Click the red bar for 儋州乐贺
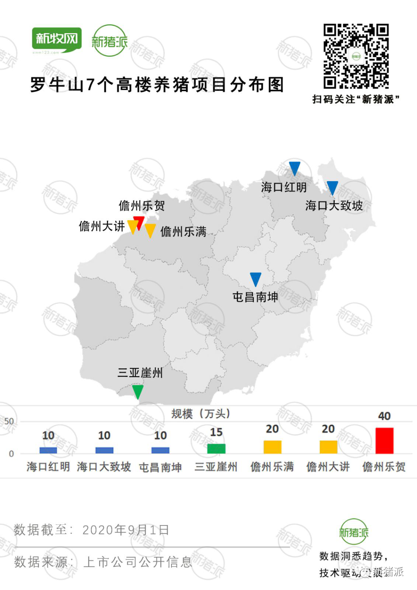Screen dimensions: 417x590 (384, 441)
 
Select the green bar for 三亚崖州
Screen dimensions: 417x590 (216, 449)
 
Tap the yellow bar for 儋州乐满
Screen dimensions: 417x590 (272, 447)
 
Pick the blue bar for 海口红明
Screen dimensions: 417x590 (48, 450)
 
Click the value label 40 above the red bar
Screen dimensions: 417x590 (384, 416)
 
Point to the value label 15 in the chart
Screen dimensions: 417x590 (216, 432)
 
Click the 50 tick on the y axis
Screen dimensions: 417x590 (9, 421)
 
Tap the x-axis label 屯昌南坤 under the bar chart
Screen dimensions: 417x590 (160, 467)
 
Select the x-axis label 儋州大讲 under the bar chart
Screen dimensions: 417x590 (328, 467)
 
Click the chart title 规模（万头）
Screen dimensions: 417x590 (201, 414)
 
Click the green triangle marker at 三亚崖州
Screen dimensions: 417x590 (137, 391)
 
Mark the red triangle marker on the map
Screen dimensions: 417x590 (139, 222)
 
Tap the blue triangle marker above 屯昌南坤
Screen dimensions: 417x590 (256, 279)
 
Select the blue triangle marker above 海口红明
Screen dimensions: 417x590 (295, 168)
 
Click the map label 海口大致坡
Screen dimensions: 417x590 (334, 205)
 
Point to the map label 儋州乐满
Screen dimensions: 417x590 (183, 232)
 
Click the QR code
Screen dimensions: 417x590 (356, 56)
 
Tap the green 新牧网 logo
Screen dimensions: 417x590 (57, 39)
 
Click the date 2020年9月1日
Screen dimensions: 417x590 (126, 530)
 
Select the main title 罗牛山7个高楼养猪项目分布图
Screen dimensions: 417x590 (157, 85)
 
